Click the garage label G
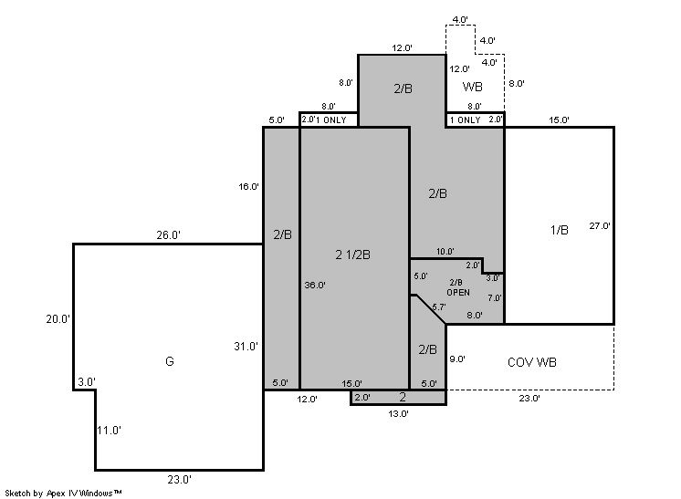coord(170,361)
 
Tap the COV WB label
coord(532,362)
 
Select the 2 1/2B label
coord(352,255)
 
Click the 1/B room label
coord(560,230)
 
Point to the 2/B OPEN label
coord(458,287)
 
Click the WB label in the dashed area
coord(473,87)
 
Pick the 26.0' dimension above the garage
coord(169,235)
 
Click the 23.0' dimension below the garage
coord(179,480)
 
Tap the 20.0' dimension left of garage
coord(58,319)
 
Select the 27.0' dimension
coord(600,225)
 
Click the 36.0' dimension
coord(315,286)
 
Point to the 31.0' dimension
coord(246,347)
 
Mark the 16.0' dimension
coord(249,187)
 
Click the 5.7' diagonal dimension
coord(439,307)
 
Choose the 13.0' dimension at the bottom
coord(398,413)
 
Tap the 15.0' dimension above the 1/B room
coord(559,120)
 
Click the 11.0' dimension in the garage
coord(109,431)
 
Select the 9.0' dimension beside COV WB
coord(457,359)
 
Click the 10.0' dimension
coord(445,251)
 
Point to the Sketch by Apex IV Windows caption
coord(63,494)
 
